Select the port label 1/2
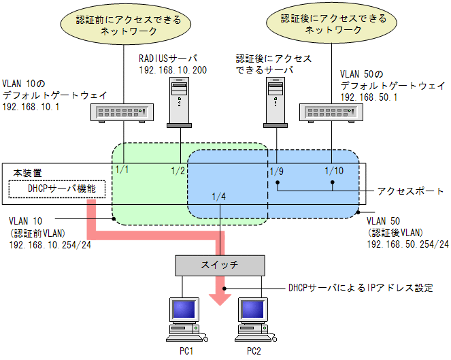[x=179, y=170]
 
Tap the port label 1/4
[x=219, y=197]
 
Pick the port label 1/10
[x=335, y=170]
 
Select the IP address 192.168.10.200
[x=173, y=70]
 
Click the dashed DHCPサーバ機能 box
[x=58, y=189]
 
